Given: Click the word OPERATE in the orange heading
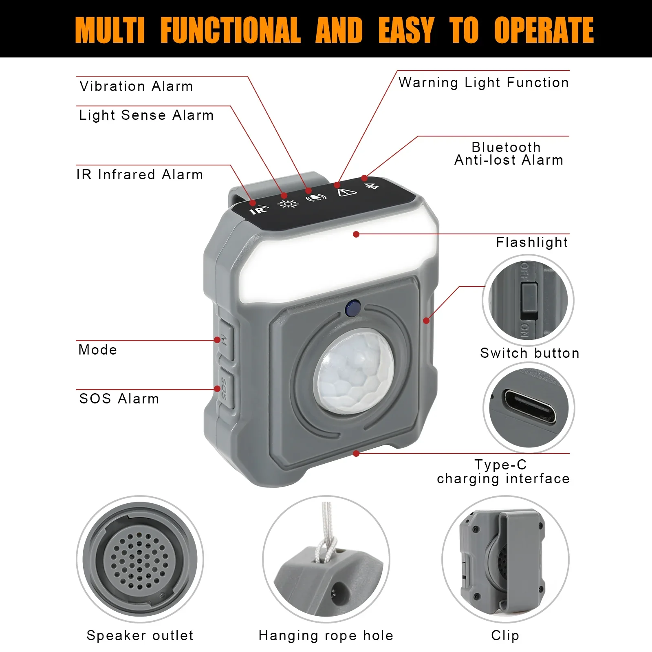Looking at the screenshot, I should tap(544, 30).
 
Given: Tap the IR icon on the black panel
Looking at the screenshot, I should tap(258, 210).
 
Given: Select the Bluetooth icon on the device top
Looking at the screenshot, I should tap(372, 186).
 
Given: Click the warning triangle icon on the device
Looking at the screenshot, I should tap(347, 192).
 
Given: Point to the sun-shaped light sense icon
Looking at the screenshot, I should tap(288, 204).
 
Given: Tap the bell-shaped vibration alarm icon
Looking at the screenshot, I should tap(316, 198).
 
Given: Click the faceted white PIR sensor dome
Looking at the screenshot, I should tap(354, 371).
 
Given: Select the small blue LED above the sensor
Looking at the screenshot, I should tap(352, 308).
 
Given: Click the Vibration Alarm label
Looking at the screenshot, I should tap(136, 86).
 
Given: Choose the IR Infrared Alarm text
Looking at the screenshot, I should tap(139, 175).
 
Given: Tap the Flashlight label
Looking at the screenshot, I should tap(531, 242).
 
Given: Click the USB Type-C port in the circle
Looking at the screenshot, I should tap(529, 406).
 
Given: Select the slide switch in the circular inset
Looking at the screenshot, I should tap(529, 301).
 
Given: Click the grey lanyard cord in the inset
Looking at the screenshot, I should tap(326, 530).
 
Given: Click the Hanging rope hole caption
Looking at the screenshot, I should tap(326, 636).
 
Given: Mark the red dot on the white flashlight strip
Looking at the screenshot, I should tap(356, 234).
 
